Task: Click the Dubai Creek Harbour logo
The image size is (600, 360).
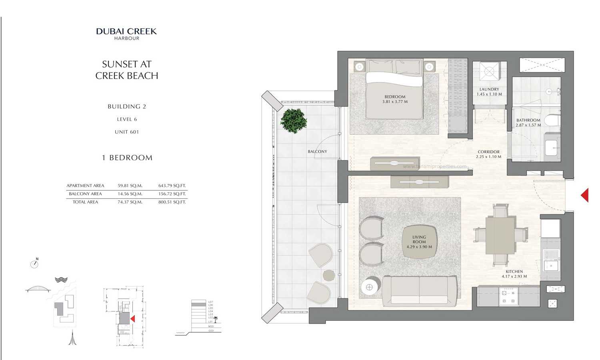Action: point(126,34)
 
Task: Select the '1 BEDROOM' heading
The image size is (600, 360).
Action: point(127,158)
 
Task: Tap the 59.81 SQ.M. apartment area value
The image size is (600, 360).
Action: point(130,186)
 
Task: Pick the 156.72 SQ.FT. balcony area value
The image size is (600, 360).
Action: point(172,194)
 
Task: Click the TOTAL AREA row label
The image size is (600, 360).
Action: point(85,202)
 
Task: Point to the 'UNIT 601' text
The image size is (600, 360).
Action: point(127,132)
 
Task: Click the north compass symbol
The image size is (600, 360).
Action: point(34,264)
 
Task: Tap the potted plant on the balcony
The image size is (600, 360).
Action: point(294,120)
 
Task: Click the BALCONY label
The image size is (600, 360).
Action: point(317,152)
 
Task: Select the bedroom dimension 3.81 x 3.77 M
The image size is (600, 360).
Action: point(395,102)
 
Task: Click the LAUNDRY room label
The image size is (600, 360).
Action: point(489,89)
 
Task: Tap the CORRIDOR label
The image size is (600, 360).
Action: point(488,152)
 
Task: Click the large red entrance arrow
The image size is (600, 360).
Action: point(585,195)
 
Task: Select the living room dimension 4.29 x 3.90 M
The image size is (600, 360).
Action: point(419,247)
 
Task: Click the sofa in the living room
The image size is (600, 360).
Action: point(420,290)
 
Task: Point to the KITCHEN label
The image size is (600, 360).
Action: point(514,272)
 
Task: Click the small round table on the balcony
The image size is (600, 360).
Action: point(329,275)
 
